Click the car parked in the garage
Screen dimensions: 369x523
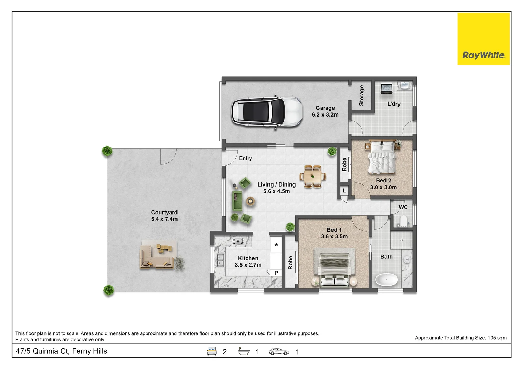[x=266, y=112]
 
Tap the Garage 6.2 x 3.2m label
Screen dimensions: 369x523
[x=325, y=111]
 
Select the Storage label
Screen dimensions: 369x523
[x=361, y=95]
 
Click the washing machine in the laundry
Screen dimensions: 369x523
[x=387, y=88]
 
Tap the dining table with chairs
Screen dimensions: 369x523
[x=312, y=177]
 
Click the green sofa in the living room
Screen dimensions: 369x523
[x=237, y=201]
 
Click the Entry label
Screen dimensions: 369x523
[x=245, y=158]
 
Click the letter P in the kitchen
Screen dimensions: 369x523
[x=276, y=273]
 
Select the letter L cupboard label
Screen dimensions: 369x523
[x=344, y=191]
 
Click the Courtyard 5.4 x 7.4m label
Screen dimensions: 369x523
[x=164, y=216]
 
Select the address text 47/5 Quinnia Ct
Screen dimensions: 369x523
[x=62, y=351]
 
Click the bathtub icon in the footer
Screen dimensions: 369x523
[x=244, y=351]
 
